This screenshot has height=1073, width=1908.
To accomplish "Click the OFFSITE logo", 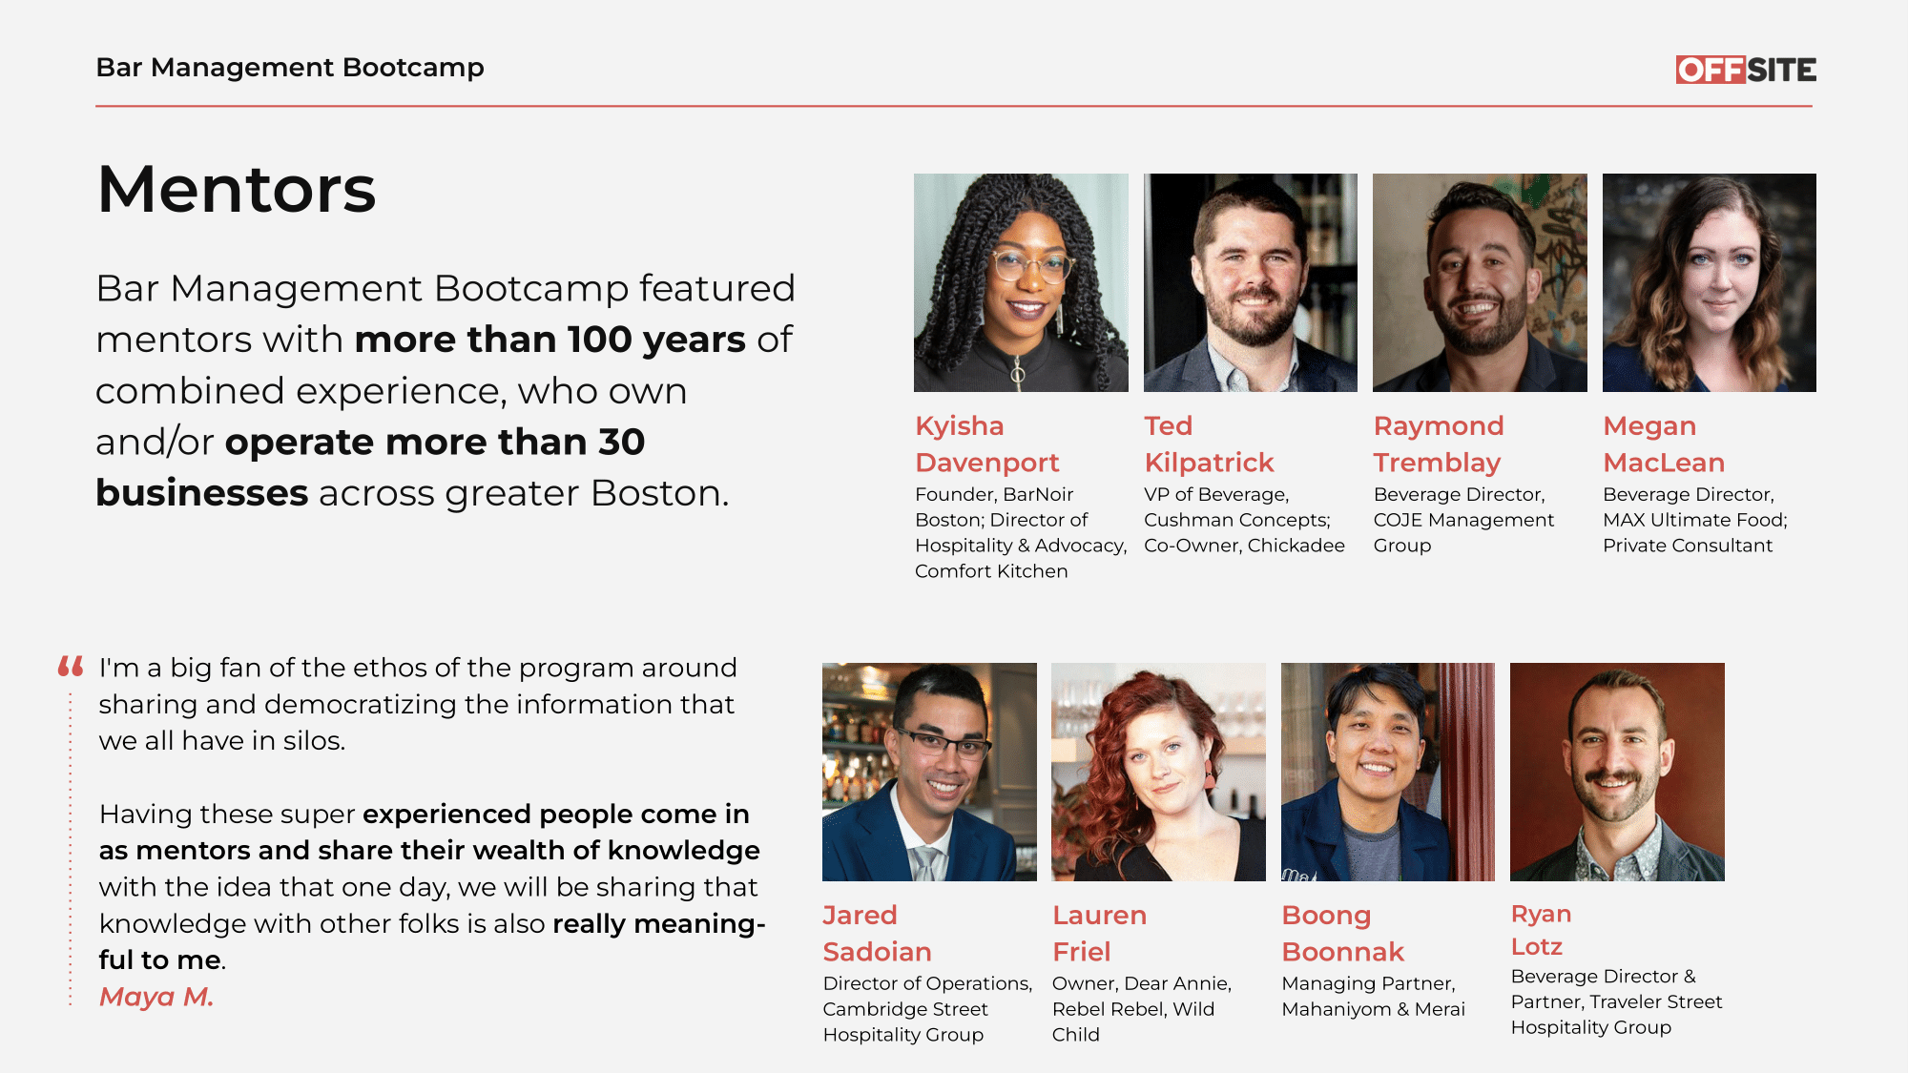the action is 1746,70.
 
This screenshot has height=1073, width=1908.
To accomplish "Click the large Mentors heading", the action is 237,189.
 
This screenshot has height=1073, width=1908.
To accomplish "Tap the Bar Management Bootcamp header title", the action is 290,68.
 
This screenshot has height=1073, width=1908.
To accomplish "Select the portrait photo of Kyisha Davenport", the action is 1021,282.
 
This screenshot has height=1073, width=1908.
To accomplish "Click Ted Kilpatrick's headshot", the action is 1251,282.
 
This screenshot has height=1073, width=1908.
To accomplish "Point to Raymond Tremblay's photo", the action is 1480,282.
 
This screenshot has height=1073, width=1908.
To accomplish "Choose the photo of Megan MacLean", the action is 1710,282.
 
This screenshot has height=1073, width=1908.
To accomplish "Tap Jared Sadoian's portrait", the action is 929,772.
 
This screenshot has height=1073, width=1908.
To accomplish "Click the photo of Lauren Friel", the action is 1158,772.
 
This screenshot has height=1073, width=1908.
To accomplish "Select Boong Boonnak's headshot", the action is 1388,772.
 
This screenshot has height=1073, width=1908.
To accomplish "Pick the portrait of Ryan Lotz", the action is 1617,772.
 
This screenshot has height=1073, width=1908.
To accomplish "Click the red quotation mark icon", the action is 71,666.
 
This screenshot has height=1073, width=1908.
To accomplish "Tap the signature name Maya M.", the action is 156,997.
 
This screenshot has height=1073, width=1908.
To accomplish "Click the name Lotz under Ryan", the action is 1537,946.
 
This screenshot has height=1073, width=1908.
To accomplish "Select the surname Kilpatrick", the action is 1209,464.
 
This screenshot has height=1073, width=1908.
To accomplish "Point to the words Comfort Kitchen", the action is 991,571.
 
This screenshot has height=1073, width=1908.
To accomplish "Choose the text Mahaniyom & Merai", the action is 1373,1009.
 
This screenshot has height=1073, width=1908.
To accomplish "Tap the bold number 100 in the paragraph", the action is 599,340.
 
